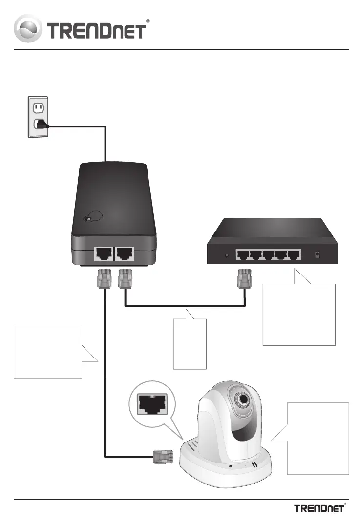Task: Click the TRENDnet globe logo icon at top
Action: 28,28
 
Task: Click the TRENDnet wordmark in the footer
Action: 319,508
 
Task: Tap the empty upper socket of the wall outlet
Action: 38,107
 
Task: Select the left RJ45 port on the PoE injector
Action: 104,254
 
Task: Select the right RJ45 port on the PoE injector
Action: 125,254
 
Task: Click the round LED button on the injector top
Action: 88,219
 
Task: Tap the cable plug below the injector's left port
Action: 104,278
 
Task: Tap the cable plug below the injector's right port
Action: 125,278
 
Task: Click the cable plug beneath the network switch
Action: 245,278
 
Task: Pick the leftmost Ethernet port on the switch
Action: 243,255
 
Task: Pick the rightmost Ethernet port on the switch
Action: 294,255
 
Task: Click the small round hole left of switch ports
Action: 227,255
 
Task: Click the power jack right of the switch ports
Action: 317,255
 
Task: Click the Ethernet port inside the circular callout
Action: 152,404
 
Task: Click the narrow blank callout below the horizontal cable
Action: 190,344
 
